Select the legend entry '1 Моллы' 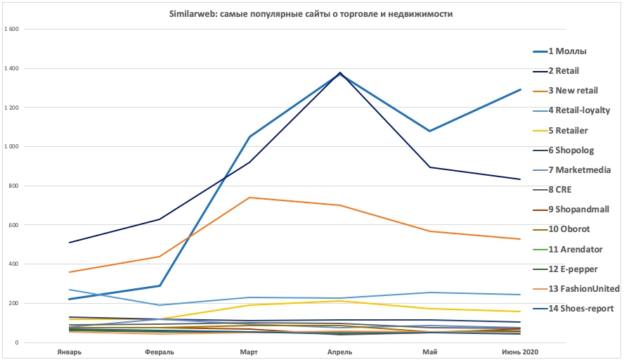(x=567, y=51)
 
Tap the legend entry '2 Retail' (x=564, y=70)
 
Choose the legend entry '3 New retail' (x=573, y=90)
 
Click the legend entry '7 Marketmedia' (x=579, y=169)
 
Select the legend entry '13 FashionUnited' (x=583, y=288)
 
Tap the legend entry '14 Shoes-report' (x=580, y=308)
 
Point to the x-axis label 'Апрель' (x=340, y=351)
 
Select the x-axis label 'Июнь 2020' (x=521, y=351)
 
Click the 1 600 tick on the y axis (x=13, y=30)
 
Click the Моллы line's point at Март (x=249, y=137)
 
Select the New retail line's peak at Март (x=249, y=198)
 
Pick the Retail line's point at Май (x=430, y=167)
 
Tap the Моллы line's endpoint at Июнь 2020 (x=520, y=89)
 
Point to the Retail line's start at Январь (x=69, y=243)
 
